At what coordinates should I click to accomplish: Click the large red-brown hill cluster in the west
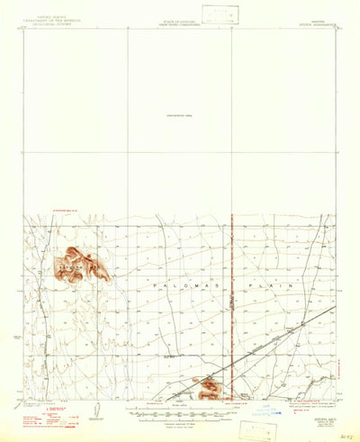81,265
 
